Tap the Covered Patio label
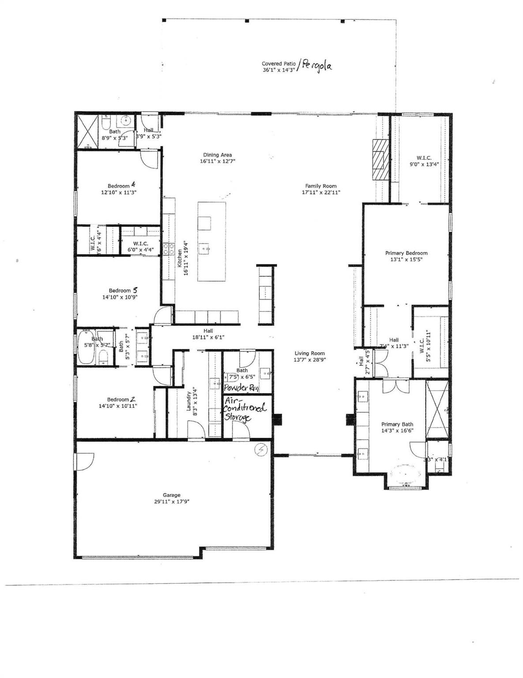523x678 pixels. click(278, 64)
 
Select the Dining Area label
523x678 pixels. click(217, 155)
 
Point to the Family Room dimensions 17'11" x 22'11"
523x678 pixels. click(321, 192)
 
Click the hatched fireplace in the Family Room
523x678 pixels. click(378, 159)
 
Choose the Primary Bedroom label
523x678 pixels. click(406, 253)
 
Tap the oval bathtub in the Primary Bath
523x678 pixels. click(406, 473)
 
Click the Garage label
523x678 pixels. click(171, 495)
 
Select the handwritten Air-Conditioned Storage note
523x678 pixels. click(245, 409)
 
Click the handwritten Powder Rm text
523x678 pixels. click(241, 388)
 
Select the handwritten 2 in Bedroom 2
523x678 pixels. click(133, 399)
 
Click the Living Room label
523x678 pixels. click(309, 353)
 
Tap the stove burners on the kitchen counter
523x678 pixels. click(168, 249)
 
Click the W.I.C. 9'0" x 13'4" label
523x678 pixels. click(424, 158)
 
